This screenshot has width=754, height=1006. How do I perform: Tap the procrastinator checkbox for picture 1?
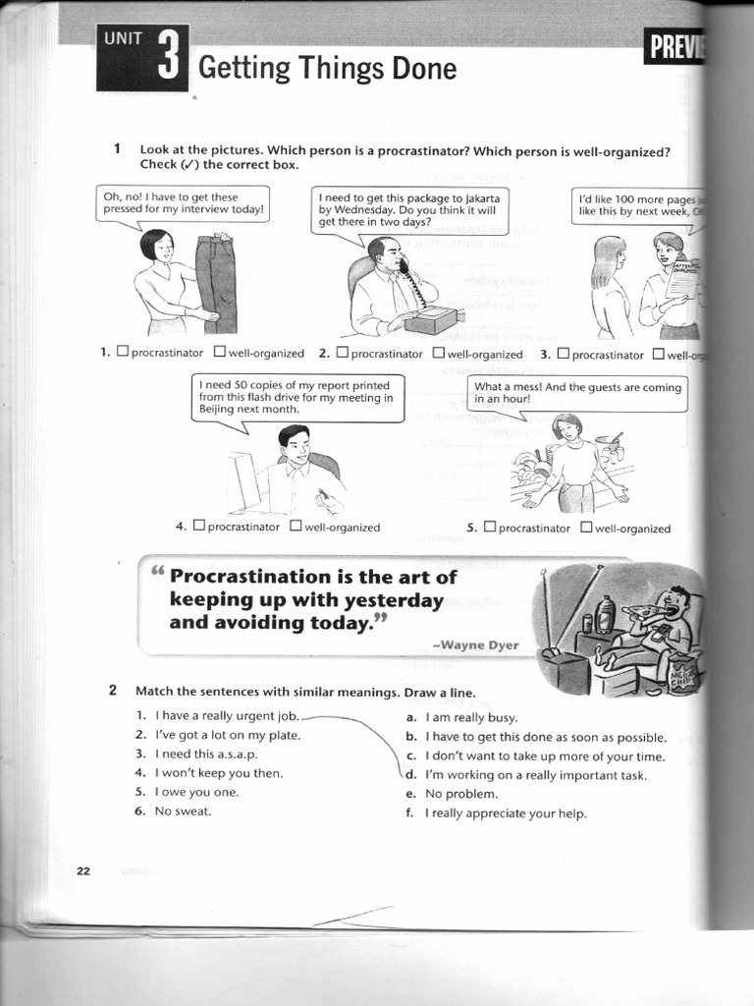(x=123, y=353)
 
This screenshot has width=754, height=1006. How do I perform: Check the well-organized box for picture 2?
(x=439, y=353)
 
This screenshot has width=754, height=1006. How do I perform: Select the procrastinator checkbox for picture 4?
(x=199, y=526)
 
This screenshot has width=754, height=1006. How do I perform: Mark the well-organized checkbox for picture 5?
(x=586, y=527)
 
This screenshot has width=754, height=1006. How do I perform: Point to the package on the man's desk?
(x=433, y=317)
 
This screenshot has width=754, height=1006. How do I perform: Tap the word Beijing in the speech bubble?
(x=218, y=410)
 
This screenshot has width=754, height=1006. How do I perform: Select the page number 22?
(x=83, y=870)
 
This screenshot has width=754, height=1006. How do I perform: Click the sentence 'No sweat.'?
(x=183, y=810)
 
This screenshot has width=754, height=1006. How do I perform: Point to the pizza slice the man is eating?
(x=643, y=610)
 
